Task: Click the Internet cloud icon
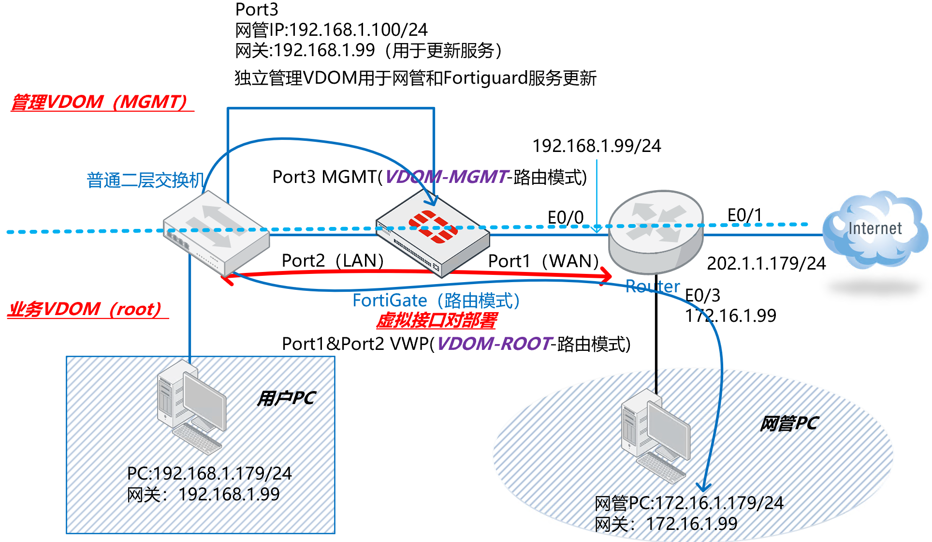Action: click(875, 230)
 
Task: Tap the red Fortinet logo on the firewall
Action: click(433, 226)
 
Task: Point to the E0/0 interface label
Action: click(565, 217)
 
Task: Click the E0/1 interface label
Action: click(744, 215)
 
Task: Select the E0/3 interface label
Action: click(702, 295)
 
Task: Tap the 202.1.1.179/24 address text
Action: click(766, 263)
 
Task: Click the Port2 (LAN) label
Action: click(333, 260)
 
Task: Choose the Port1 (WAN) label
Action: click(543, 261)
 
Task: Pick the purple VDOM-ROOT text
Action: click(494, 344)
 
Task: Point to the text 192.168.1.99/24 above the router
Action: click(596, 146)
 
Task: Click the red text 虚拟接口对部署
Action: click(437, 320)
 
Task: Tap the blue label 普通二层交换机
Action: click(145, 180)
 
